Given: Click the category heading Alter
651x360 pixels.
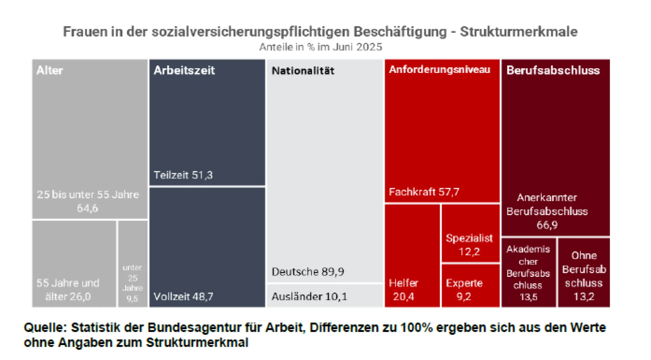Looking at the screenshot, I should pyautogui.click(x=50, y=70).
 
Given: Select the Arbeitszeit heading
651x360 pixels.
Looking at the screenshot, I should pyautogui.click(x=184, y=70).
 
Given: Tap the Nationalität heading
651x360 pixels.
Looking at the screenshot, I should pyautogui.click(x=303, y=71).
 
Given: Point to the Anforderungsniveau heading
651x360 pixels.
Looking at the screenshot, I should pyautogui.click(x=439, y=70).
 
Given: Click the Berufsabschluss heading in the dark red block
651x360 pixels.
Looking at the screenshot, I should pyautogui.click(x=553, y=70).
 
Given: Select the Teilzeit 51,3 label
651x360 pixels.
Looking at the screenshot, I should pyautogui.click(x=183, y=175).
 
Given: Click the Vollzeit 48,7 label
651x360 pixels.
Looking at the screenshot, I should pyautogui.click(x=183, y=297).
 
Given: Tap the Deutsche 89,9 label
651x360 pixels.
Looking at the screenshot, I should pyautogui.click(x=308, y=272).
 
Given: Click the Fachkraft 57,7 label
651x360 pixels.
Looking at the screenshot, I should pyautogui.click(x=424, y=192).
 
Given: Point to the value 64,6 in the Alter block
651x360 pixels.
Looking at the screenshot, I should pyautogui.click(x=87, y=208).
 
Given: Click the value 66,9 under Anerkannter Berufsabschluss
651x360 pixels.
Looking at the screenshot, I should pyautogui.click(x=547, y=225).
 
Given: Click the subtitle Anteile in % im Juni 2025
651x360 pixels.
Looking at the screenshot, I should pyautogui.click(x=320, y=47).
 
